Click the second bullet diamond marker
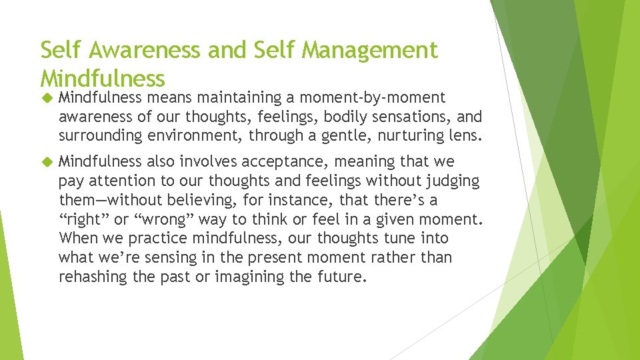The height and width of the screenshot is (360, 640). [46, 162]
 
